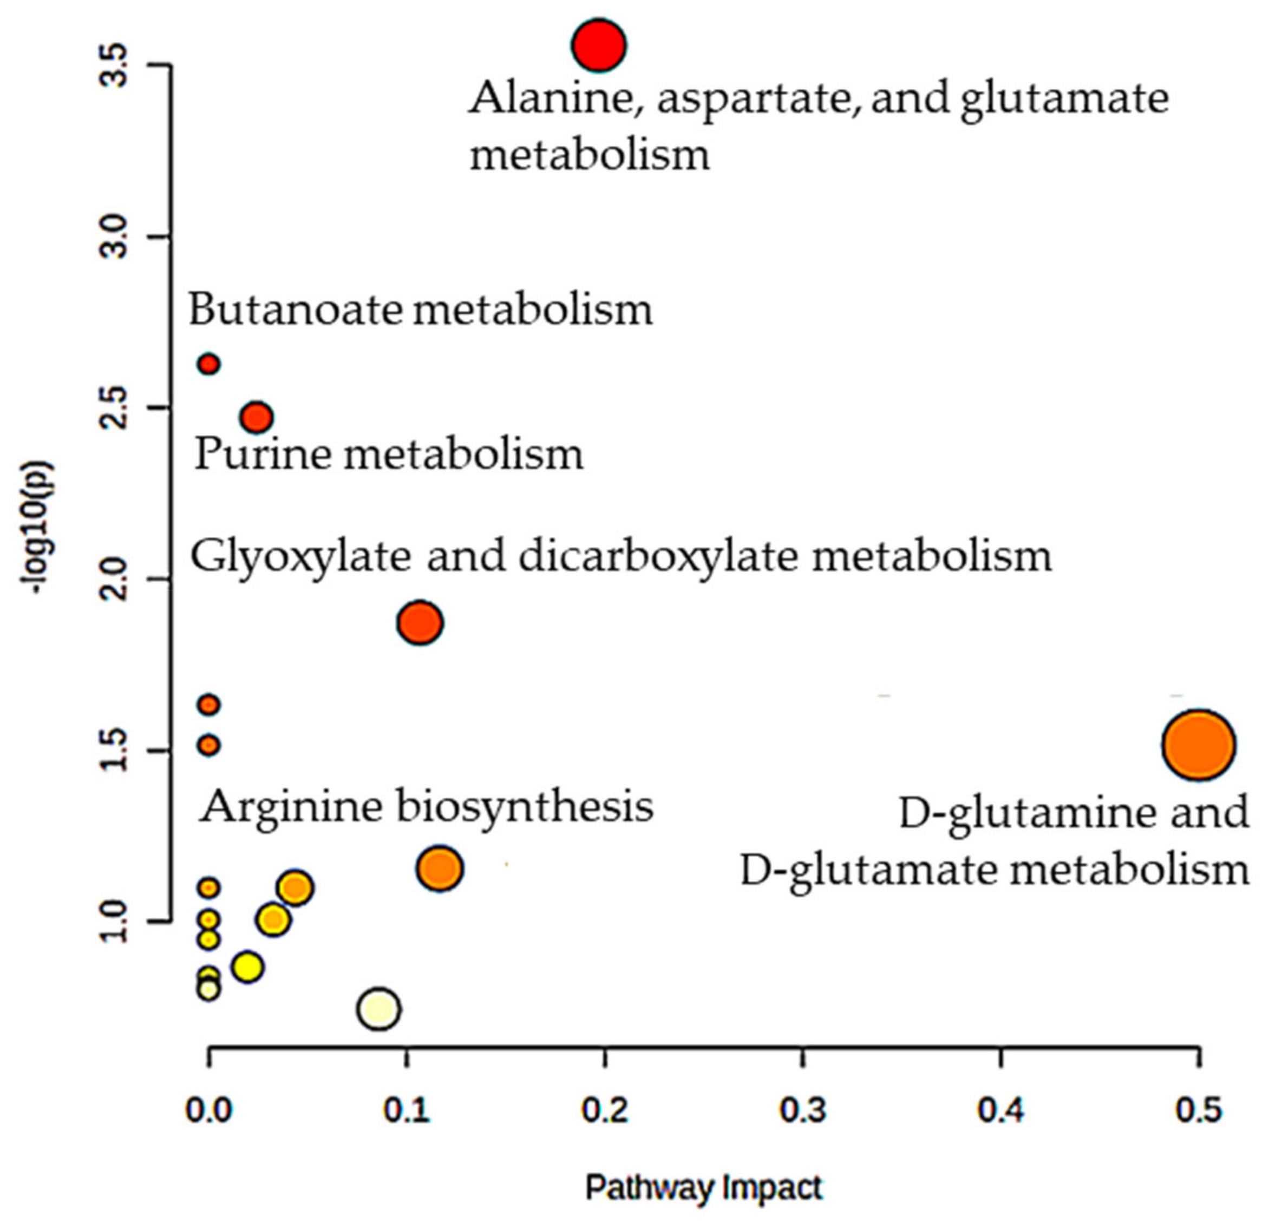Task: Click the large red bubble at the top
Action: (598, 45)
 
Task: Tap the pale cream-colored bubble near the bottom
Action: (380, 1009)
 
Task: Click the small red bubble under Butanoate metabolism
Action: (208, 364)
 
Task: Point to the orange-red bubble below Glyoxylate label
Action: (420, 622)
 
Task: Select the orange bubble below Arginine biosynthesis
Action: (440, 868)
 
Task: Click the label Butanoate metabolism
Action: (420, 310)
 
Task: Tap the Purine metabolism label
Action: (389, 453)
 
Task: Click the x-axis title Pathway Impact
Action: (703, 1188)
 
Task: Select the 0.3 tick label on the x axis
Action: (803, 1111)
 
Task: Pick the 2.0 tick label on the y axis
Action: (116, 579)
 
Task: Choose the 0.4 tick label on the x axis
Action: (1001, 1111)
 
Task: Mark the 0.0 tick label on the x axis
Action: (208, 1111)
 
